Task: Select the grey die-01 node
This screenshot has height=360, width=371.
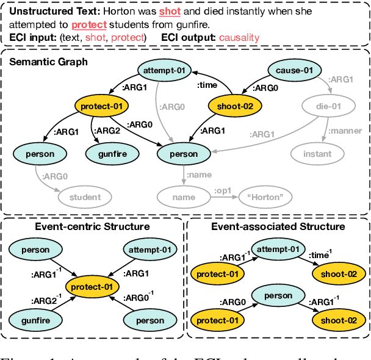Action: (x=328, y=106)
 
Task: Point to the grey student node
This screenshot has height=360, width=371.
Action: (x=85, y=197)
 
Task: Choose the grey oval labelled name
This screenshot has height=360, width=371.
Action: (x=184, y=197)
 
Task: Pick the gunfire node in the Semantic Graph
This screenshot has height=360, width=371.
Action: (x=112, y=154)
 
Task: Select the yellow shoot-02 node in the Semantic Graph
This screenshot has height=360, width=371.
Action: (x=235, y=106)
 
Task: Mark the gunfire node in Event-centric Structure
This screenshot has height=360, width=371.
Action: (x=35, y=320)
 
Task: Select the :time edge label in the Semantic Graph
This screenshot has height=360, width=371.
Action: (x=206, y=87)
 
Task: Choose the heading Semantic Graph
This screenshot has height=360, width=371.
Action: (x=48, y=61)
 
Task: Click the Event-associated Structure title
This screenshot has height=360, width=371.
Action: (x=278, y=226)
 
